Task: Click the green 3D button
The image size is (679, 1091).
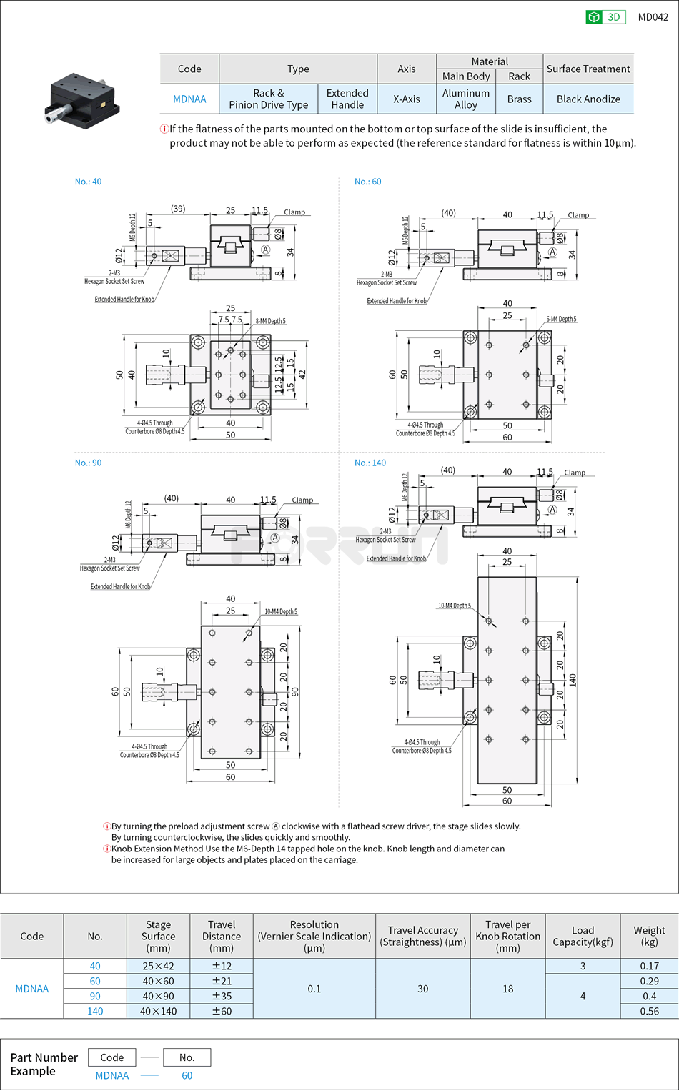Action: click(x=605, y=17)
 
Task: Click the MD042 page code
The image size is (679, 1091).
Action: click(x=653, y=17)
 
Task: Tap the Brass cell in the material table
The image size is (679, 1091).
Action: click(x=519, y=99)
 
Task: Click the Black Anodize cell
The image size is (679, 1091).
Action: click(x=588, y=99)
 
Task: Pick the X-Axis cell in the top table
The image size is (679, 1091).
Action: click(x=406, y=99)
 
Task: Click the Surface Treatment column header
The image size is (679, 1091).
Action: click(x=588, y=69)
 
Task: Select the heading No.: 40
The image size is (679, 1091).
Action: click(x=88, y=182)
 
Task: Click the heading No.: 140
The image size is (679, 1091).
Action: click(x=370, y=463)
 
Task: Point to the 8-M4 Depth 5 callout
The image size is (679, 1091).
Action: click(x=270, y=321)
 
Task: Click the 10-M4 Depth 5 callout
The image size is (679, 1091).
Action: click(x=454, y=606)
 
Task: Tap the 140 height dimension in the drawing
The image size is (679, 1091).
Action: click(x=573, y=680)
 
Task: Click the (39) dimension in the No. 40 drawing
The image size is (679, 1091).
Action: click(x=178, y=209)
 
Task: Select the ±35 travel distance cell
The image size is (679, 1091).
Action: click(x=222, y=996)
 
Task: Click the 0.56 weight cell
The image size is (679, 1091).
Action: click(x=649, y=1011)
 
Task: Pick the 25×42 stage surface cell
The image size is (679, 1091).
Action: click(x=158, y=966)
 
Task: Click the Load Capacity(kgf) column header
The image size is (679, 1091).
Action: click(x=583, y=936)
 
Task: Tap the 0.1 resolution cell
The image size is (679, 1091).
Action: click(x=314, y=989)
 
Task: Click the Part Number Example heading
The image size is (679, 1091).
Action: click(x=44, y=1064)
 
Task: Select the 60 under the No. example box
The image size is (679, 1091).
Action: click(x=187, y=1075)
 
